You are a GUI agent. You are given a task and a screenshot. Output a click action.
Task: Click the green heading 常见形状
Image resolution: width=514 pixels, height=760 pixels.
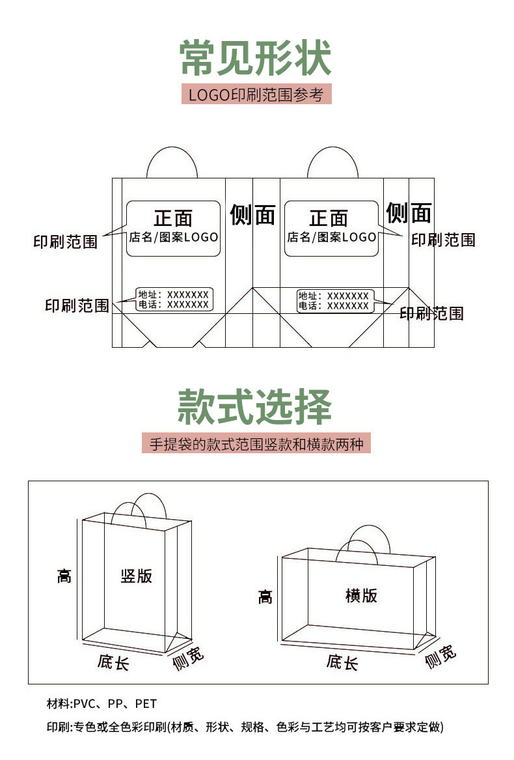[256, 59]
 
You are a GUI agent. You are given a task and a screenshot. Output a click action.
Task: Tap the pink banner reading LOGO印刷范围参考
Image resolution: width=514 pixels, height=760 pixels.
[256, 94]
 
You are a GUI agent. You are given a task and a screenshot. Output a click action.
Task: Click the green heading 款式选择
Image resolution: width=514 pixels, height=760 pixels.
[255, 407]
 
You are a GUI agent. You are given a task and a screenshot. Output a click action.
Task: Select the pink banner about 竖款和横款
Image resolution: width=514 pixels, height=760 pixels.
[256, 444]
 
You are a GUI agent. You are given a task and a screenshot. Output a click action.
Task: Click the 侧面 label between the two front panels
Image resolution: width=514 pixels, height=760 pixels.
[252, 214]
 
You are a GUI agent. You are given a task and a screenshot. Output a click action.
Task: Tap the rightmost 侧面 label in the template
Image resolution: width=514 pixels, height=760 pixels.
[409, 212]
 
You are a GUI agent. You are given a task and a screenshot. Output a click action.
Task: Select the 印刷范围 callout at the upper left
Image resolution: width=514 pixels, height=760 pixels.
[65, 242]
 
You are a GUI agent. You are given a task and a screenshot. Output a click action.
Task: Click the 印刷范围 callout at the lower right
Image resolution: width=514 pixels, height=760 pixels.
[431, 314]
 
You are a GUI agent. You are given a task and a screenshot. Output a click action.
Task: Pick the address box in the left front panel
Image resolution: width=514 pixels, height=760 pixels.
[174, 300]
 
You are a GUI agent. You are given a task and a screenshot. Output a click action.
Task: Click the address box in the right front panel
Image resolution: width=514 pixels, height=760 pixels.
[334, 301]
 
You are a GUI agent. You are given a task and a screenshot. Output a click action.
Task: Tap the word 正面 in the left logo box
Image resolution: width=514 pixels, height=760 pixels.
[173, 218]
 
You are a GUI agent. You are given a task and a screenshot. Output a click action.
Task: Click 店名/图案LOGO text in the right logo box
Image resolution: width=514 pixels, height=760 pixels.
[332, 237]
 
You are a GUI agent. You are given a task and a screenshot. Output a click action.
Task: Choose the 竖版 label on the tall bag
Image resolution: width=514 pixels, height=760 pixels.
[137, 576]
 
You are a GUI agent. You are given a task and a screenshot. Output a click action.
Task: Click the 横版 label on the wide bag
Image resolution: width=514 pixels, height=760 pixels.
[361, 595]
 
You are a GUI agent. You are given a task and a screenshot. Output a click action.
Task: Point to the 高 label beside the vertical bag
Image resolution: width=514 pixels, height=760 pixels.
[64, 576]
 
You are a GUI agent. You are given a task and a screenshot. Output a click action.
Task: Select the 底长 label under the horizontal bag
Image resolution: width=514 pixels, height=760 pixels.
[342, 662]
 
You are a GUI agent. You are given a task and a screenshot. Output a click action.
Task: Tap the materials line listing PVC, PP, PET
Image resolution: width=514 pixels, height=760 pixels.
[101, 704]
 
